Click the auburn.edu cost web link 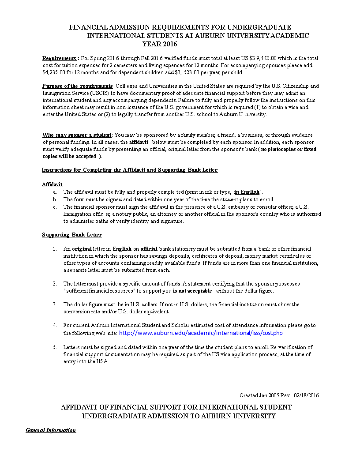[x=201, y=333]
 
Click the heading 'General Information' [x=51, y=430]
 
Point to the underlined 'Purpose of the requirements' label [x=78, y=86]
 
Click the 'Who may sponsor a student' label [x=77, y=135]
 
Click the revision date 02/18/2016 [x=306, y=395]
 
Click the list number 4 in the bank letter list [x=55, y=325]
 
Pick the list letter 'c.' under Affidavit [x=55, y=207]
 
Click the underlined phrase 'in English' [x=247, y=192]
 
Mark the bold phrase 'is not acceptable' [x=192, y=291]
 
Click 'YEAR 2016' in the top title [x=160, y=44]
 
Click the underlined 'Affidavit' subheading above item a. [x=52, y=184]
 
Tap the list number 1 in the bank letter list [x=55, y=249]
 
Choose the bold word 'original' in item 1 [x=82, y=249]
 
